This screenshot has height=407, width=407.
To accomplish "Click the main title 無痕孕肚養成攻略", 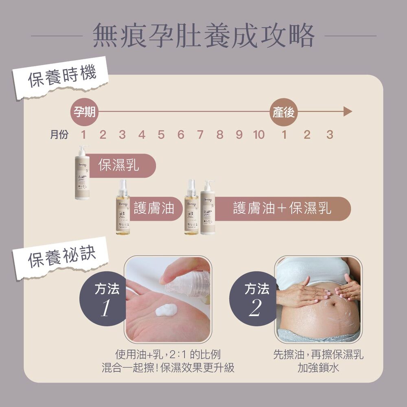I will point(203,36).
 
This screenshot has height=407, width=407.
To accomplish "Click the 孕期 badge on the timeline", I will point(84,112).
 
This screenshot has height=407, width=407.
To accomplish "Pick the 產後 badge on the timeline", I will point(284,112).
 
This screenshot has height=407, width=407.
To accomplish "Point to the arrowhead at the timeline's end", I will point(347,112).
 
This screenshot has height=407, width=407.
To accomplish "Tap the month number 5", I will point(161,134).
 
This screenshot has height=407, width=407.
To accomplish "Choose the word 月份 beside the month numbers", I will point(59,135).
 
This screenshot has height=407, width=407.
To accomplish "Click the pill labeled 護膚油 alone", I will point(154,209).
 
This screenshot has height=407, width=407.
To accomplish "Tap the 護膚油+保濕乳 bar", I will point(282,209).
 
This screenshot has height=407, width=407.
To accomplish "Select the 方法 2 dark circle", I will point(256,299).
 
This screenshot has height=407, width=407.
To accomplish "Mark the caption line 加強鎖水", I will point(318,368).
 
